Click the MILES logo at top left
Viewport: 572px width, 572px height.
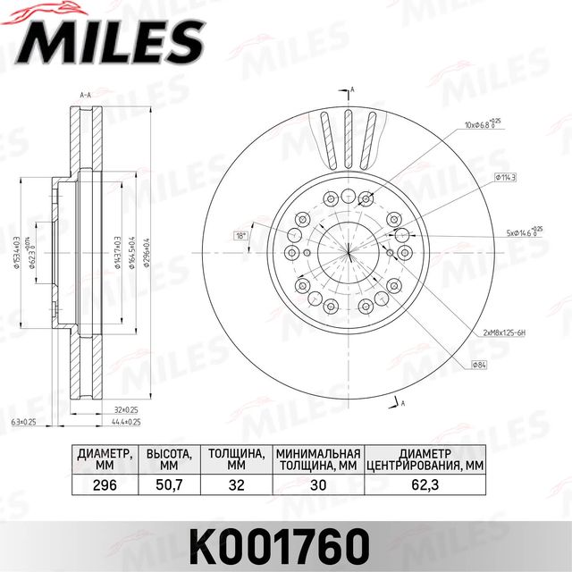click(x=105, y=37)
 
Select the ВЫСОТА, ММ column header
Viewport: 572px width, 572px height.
click(x=168, y=458)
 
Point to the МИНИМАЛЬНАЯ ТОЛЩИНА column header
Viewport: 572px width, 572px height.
click(x=317, y=458)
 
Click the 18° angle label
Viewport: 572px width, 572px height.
click(x=240, y=236)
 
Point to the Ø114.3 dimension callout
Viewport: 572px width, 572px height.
click(x=507, y=178)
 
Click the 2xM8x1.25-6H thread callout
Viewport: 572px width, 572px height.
click(x=507, y=332)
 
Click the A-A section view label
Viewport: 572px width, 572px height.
click(x=87, y=95)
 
